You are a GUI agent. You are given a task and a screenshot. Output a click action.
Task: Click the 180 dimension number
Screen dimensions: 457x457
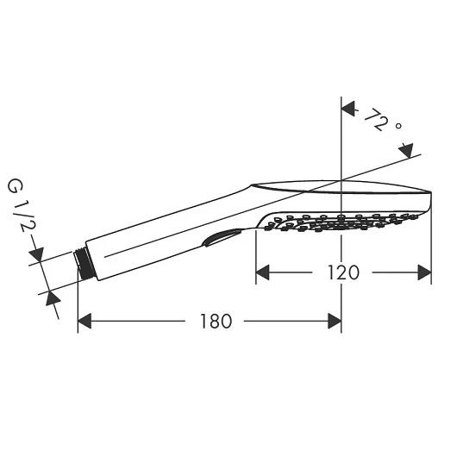tap(216, 322)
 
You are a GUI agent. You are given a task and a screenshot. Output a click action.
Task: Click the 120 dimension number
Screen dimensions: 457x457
tap(343, 272)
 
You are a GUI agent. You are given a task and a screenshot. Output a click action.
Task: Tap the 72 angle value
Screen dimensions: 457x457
tap(376, 120)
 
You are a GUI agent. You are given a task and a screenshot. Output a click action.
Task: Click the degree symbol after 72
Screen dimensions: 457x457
tap(398, 126)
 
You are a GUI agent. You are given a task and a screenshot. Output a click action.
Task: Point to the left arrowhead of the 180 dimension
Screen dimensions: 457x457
tap(85, 321)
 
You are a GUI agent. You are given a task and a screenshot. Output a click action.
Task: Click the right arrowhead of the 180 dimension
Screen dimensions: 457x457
tap(335, 321)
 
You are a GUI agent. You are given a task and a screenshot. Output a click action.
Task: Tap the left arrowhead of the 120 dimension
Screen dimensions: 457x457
tap(262, 272)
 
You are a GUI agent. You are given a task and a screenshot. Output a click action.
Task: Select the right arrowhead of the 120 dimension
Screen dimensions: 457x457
tap(424, 272)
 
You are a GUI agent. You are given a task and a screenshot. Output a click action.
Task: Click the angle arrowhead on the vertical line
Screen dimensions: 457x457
tap(348, 109)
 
